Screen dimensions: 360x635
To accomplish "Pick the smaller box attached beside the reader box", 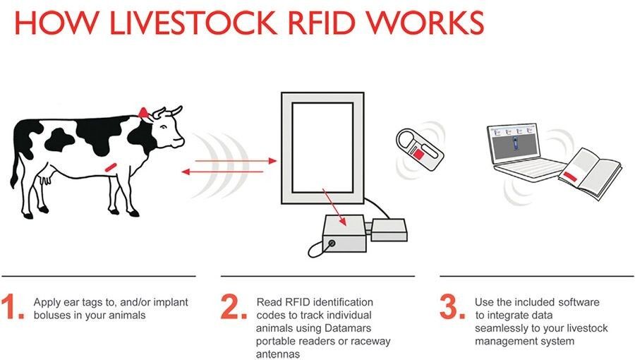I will pos(389,229).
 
